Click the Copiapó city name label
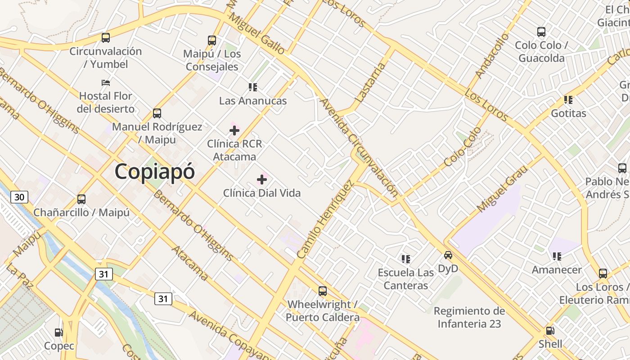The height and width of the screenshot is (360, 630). point(155,172)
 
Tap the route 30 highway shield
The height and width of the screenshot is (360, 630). point(19,197)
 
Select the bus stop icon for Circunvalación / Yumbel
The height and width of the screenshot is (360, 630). point(106,38)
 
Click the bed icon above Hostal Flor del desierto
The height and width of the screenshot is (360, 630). point(106,82)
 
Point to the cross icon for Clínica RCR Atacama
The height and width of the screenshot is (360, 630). point(234,130)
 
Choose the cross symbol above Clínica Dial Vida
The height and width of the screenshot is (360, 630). point(262,180)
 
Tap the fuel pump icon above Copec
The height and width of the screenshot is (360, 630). point(58,333)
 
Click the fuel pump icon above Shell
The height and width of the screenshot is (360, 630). point(550,331)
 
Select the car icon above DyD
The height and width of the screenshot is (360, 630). point(448,255)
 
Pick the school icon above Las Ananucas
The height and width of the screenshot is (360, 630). point(253,87)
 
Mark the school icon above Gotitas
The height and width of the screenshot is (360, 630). point(568,99)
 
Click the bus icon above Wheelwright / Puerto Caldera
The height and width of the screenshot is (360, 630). point(323,291)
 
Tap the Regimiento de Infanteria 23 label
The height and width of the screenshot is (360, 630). point(469,317)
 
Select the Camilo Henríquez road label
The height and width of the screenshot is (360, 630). point(324,220)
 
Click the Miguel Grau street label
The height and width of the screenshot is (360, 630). point(502,189)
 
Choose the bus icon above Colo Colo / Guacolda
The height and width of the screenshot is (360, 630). point(541,32)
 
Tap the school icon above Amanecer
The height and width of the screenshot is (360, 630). point(557,256)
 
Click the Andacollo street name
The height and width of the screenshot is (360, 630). point(492,55)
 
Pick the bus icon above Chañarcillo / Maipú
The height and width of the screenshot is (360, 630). point(81,199)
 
